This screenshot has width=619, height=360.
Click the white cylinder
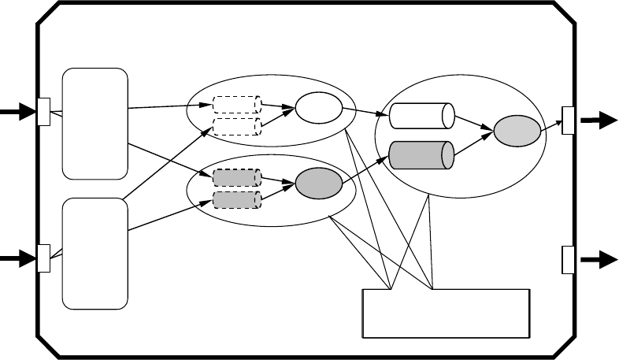(422, 116)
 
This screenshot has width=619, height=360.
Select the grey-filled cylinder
(422, 154)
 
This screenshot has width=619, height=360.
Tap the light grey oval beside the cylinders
(518, 131)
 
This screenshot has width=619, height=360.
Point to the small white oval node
(318, 111)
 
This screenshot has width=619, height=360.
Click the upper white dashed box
(237, 105)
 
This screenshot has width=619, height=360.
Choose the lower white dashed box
(237, 126)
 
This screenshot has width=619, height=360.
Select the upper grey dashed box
(237, 178)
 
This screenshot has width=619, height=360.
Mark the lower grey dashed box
(237, 199)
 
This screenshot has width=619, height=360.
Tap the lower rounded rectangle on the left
(95, 253)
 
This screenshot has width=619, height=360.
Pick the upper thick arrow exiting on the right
(599, 120)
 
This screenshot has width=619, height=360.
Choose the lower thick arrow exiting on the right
(599, 259)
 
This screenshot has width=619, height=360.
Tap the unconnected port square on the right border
(568, 259)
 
